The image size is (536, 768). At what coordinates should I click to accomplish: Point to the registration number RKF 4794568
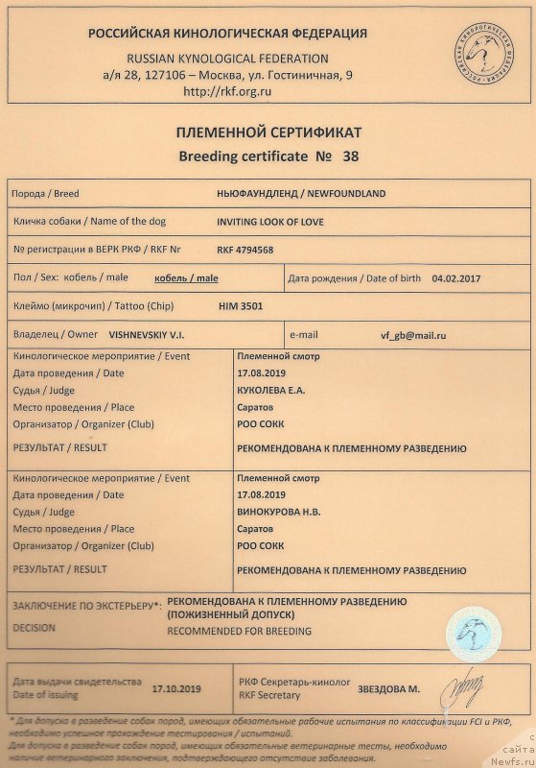point(246,250)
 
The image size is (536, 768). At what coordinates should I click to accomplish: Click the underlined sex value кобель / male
point(187,278)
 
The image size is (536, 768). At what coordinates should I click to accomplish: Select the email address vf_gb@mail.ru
point(413,336)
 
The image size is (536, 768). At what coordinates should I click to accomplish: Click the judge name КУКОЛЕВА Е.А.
point(273,391)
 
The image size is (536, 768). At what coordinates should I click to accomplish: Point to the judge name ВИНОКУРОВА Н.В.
point(280,513)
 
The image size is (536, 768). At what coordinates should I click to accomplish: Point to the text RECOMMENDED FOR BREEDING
point(240,631)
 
